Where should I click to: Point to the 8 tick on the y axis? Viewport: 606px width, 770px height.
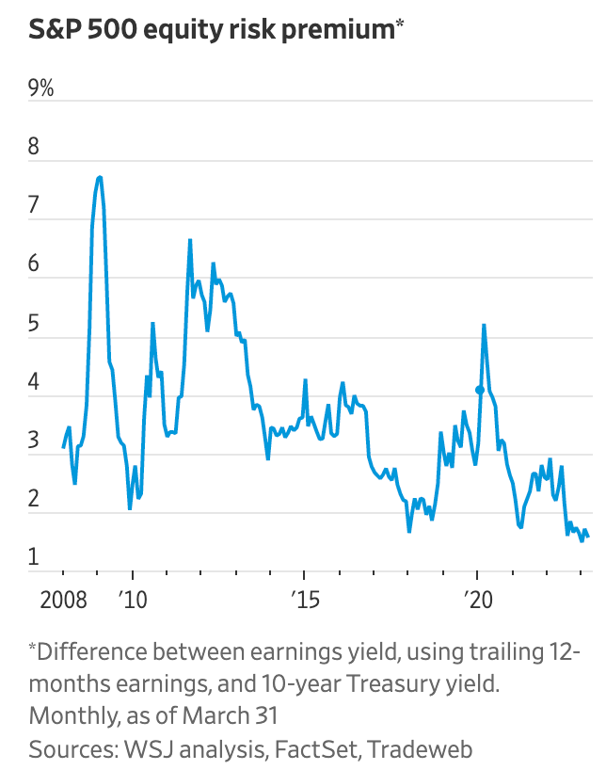click(36, 148)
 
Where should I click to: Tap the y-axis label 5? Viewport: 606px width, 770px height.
click(36, 325)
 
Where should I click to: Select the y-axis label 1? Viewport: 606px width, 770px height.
click(35, 558)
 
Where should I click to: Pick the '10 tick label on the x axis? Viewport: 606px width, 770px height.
click(133, 600)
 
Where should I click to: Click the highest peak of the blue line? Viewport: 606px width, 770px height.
click(100, 177)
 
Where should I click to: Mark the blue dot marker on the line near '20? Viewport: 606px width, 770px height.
click(480, 390)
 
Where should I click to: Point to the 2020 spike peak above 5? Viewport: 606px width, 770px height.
click(484, 325)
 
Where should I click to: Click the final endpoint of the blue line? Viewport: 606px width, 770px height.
click(589, 537)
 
